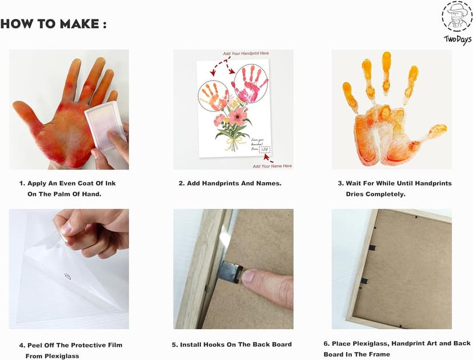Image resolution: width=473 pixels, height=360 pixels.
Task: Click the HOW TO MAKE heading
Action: pyautogui.click(x=54, y=24)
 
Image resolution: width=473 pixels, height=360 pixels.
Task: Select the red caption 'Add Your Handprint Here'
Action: pyautogui.click(x=246, y=53)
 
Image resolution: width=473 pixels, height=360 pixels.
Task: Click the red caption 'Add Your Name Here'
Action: pyautogui.click(x=272, y=166)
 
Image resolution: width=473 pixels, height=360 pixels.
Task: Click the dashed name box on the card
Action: pyautogui.click(x=264, y=150)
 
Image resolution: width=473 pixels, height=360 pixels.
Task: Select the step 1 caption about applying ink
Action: pyautogui.click(x=67, y=189)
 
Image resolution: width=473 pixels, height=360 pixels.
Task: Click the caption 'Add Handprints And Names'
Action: pyautogui.click(x=230, y=183)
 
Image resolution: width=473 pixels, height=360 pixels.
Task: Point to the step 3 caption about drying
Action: pyautogui.click(x=394, y=189)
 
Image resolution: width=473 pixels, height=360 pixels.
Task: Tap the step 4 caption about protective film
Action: pyautogui.click(x=70, y=350)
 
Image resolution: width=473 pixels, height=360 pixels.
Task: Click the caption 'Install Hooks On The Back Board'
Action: pyautogui.click(x=233, y=345)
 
